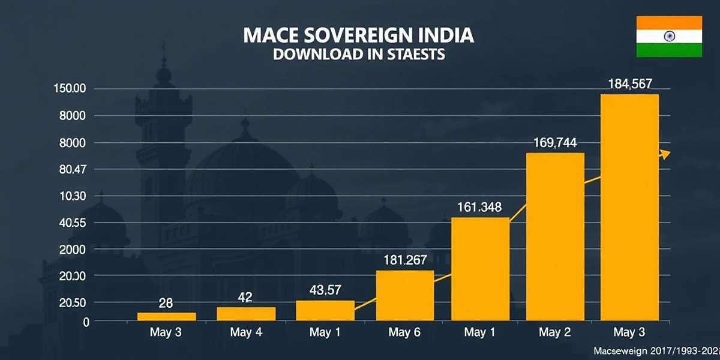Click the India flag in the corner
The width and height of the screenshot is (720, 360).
click(x=669, y=37)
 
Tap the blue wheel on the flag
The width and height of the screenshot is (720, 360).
click(x=669, y=37)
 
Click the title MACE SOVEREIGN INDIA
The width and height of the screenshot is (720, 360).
click(x=358, y=35)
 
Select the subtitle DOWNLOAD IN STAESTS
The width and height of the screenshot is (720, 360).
click(x=358, y=55)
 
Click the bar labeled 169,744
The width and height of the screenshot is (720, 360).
click(x=555, y=236)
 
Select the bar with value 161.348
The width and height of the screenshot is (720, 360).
click(x=480, y=269)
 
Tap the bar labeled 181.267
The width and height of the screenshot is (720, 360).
click(x=405, y=295)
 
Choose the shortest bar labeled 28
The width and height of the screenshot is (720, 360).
click(x=158, y=317)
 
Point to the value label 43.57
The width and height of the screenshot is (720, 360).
click(x=325, y=290)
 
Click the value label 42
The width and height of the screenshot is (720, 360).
click(x=245, y=296)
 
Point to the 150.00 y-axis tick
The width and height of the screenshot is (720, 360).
click(x=70, y=89)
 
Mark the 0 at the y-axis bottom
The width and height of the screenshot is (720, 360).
click(x=86, y=322)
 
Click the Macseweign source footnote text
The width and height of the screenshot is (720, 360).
click(x=656, y=350)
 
